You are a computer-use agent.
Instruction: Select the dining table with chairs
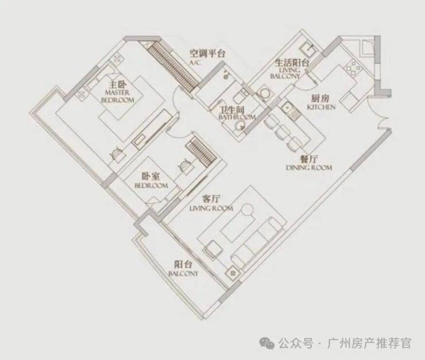(x=281, y=129)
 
